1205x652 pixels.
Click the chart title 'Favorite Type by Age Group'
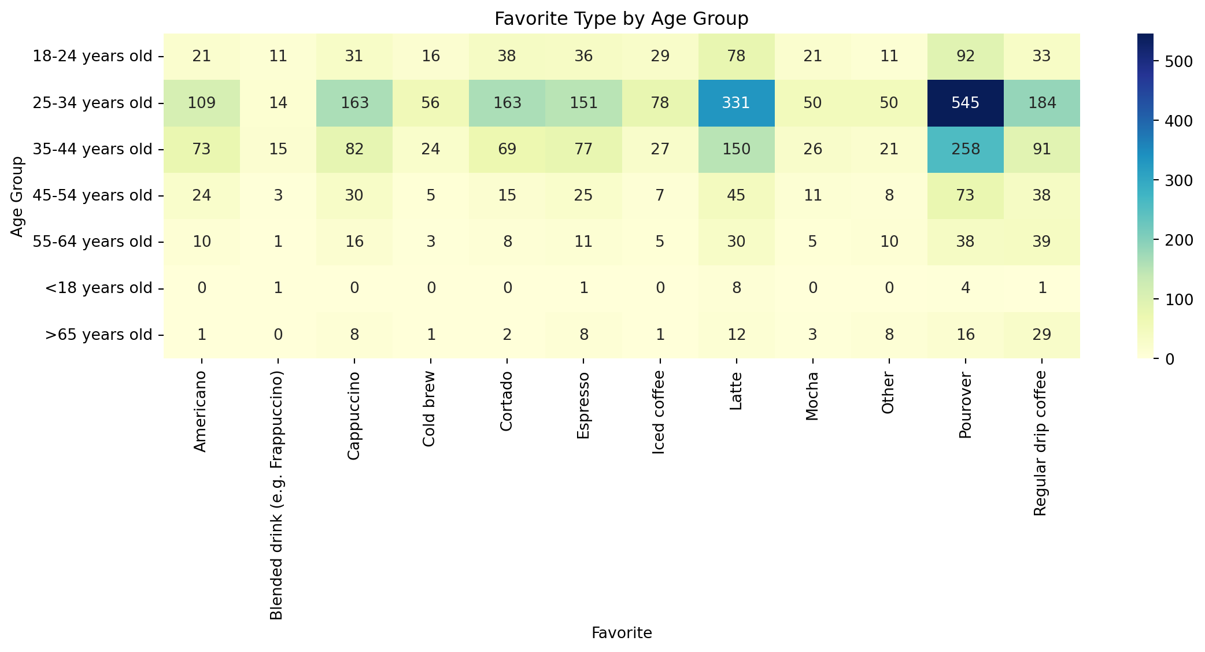click(621, 19)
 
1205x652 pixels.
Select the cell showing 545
click(965, 103)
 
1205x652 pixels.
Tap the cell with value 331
click(736, 103)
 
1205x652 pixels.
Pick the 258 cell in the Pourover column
click(965, 149)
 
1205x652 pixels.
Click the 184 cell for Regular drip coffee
click(1041, 103)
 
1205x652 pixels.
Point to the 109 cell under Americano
click(202, 103)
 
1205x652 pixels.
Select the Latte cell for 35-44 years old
click(736, 149)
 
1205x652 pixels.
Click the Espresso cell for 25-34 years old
click(583, 103)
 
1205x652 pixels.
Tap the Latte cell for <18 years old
click(736, 288)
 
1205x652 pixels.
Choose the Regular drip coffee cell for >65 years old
click(1041, 335)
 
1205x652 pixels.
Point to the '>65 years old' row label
click(98, 335)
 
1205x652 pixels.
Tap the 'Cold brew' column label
click(428, 409)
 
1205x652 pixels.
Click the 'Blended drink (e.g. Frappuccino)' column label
click(277, 496)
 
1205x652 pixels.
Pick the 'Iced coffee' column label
click(659, 413)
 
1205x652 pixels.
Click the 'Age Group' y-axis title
click(17, 196)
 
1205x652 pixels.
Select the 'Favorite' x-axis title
click(622, 634)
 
